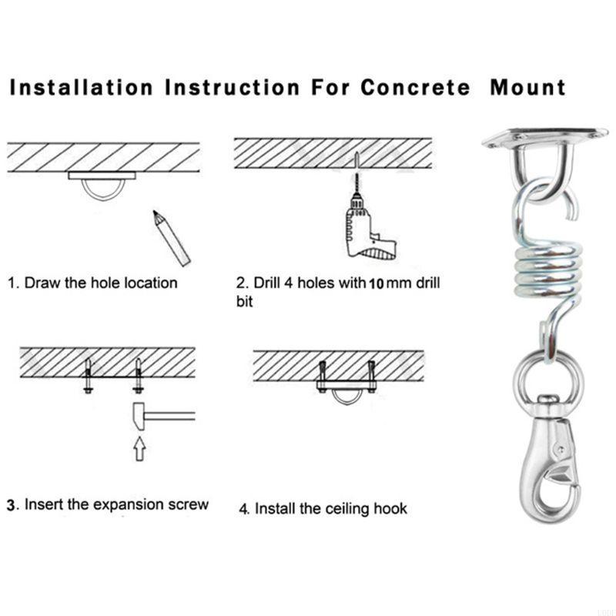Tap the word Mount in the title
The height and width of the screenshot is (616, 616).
pyautogui.click(x=528, y=87)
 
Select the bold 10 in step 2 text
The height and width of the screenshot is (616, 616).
pyautogui.click(x=377, y=283)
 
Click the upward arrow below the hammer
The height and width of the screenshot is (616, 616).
pyautogui.click(x=139, y=449)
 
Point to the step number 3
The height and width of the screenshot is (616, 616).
pyautogui.click(x=12, y=506)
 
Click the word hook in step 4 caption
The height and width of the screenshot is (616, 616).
pyautogui.click(x=391, y=509)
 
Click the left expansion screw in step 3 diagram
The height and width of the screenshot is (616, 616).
pyautogui.click(x=89, y=377)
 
